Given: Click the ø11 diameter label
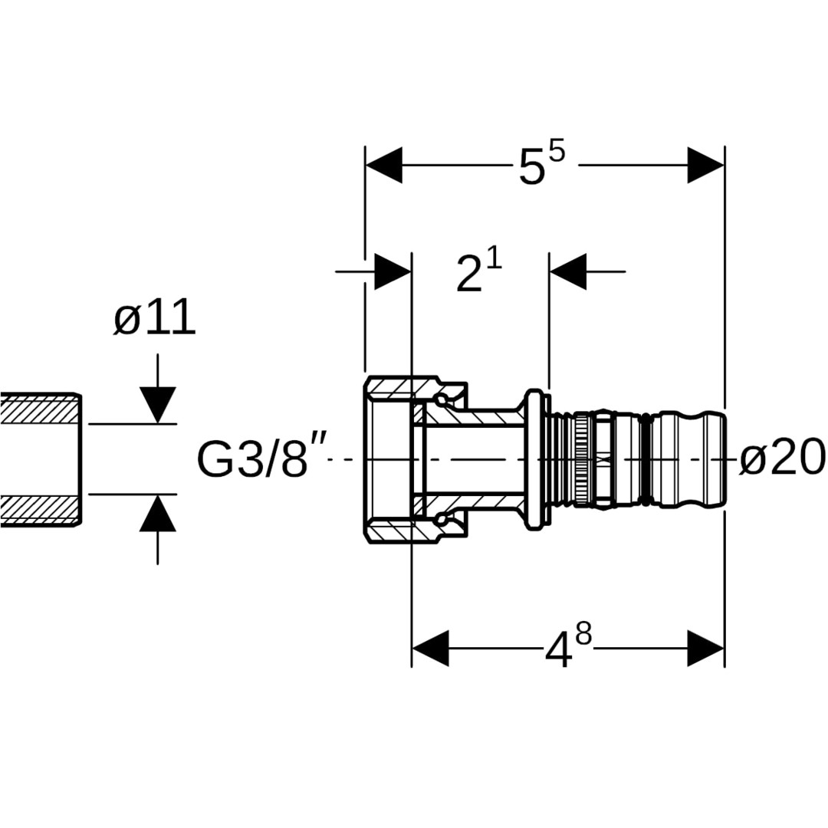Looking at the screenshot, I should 155,319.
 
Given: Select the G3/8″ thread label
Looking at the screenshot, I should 252,458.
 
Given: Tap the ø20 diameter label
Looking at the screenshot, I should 782,458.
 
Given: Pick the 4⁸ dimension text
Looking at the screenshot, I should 568,649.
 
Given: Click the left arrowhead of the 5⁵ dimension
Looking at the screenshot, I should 383,165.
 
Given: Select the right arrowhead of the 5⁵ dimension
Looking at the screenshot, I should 705,165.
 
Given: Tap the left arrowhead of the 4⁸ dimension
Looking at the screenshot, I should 430,649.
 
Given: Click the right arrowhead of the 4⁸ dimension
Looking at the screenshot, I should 705,649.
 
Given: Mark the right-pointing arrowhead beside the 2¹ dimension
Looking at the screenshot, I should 393,271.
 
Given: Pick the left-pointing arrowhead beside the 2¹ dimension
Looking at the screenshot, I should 568,271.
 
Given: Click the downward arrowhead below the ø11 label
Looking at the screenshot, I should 158,405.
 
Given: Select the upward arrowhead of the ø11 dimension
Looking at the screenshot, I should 158,514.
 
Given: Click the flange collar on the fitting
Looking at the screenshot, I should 534,458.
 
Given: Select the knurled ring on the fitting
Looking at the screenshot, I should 583,458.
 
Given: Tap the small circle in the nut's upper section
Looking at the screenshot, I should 441,399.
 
